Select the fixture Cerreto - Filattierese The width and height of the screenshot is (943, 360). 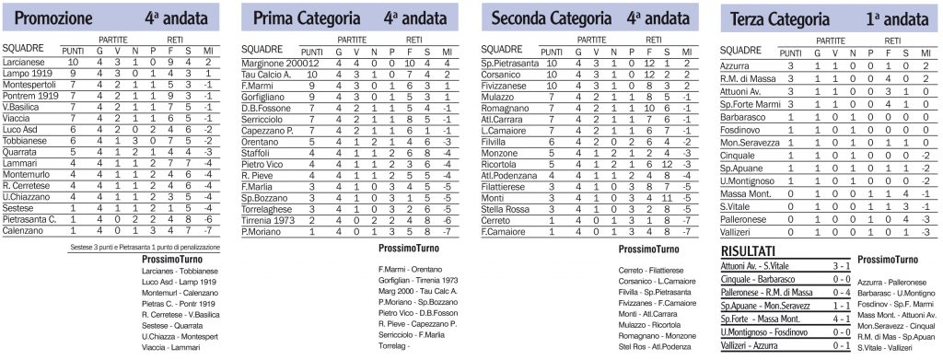coord(651,267)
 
